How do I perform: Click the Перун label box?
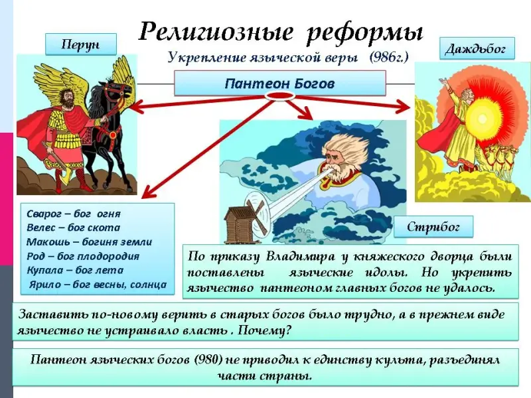pyautogui.click(x=81, y=44)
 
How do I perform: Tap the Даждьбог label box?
pyautogui.click(x=477, y=48)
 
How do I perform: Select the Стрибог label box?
pyautogui.click(x=433, y=226)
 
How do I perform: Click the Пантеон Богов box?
pyautogui.click(x=279, y=83)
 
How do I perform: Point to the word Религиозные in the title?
pyautogui.click(x=216, y=31)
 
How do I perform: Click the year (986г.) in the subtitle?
pyautogui.click(x=389, y=57)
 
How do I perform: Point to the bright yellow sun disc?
pyautogui.click(x=481, y=119)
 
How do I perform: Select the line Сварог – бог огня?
pyautogui.click(x=74, y=214)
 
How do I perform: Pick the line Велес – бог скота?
pyautogui.click(x=73, y=228)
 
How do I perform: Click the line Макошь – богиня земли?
pyautogui.click(x=89, y=241)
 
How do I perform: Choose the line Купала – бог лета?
pyautogui.click(x=75, y=270)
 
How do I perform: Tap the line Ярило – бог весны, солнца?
pyautogui.click(x=98, y=285)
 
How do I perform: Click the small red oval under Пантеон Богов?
pyautogui.click(x=279, y=96)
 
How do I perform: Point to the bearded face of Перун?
pyautogui.click(x=68, y=98)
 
